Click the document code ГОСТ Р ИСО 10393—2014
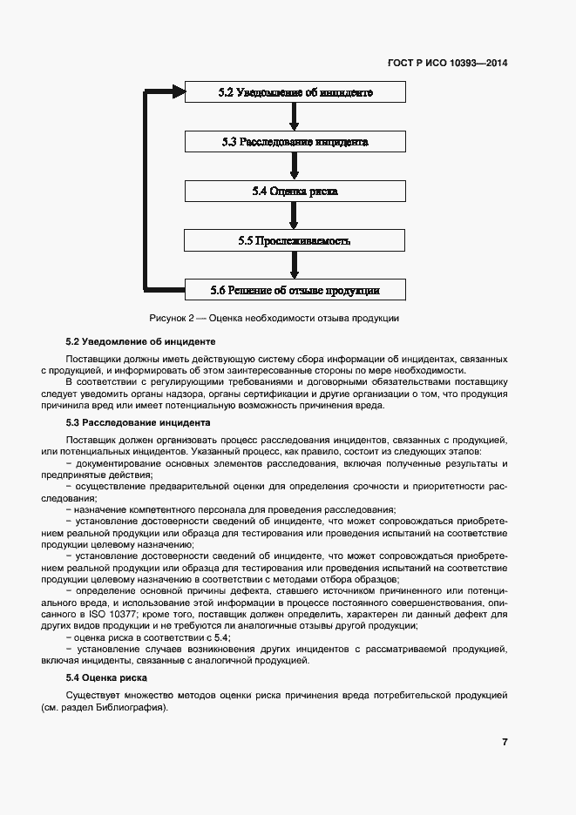(x=447, y=63)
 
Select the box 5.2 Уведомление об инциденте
(x=295, y=92)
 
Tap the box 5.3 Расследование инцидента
(x=295, y=141)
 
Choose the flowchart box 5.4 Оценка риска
(x=295, y=191)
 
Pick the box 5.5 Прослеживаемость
(x=295, y=240)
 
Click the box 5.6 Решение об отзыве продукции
(x=295, y=290)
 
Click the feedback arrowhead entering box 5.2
(x=178, y=91)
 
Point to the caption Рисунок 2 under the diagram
(x=274, y=319)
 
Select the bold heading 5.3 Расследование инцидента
(x=139, y=422)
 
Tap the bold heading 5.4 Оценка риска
(x=106, y=677)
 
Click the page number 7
(x=505, y=742)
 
